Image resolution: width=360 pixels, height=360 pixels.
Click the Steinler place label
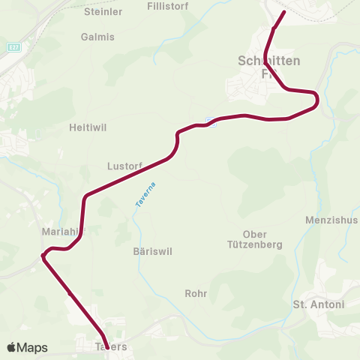pos(103,12)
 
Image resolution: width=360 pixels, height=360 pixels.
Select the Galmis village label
pos(97,37)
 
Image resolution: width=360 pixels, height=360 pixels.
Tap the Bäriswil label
pos(152,252)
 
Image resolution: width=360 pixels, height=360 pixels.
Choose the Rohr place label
pos(196,293)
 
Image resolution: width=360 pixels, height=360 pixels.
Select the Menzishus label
pos(331,220)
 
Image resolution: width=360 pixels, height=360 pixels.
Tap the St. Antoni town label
pos(318,304)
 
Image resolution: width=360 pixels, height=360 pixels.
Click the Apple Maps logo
pos(27,347)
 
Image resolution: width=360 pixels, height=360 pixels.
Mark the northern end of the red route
pos(284,13)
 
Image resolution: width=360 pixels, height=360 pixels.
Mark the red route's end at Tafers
pos(105,337)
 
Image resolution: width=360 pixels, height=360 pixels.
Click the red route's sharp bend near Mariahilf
pos(43,257)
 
